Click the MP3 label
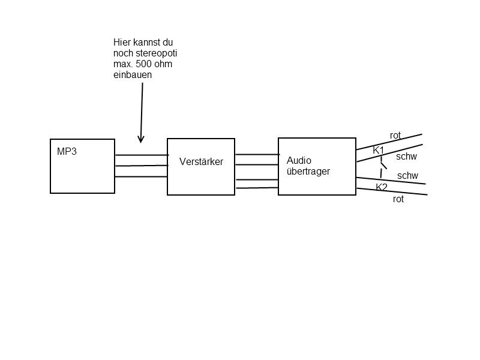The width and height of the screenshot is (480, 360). point(67,151)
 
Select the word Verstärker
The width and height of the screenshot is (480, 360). point(201,161)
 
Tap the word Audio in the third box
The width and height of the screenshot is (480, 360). point(299,160)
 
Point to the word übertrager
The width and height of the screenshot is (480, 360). point(308,171)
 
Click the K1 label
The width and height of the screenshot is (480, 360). point(379,151)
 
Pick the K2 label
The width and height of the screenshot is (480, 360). point(382,187)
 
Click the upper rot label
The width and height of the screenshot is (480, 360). point(395,136)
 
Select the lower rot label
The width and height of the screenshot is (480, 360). point(398,199)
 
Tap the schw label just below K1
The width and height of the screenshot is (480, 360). point(406,157)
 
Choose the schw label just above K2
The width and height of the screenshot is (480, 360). point(407,176)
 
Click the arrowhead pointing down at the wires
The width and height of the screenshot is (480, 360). point(141,140)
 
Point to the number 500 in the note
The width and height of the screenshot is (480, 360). point(143,64)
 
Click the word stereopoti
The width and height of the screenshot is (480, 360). point(156,53)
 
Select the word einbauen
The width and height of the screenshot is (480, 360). point(133,75)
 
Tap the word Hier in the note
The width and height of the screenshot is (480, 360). point(122,42)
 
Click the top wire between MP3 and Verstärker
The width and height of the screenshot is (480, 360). point(142,155)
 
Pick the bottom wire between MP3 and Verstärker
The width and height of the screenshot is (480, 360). point(141,176)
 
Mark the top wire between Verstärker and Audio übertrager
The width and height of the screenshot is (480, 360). point(257,155)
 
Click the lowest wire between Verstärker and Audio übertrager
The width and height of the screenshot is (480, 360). point(257,188)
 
